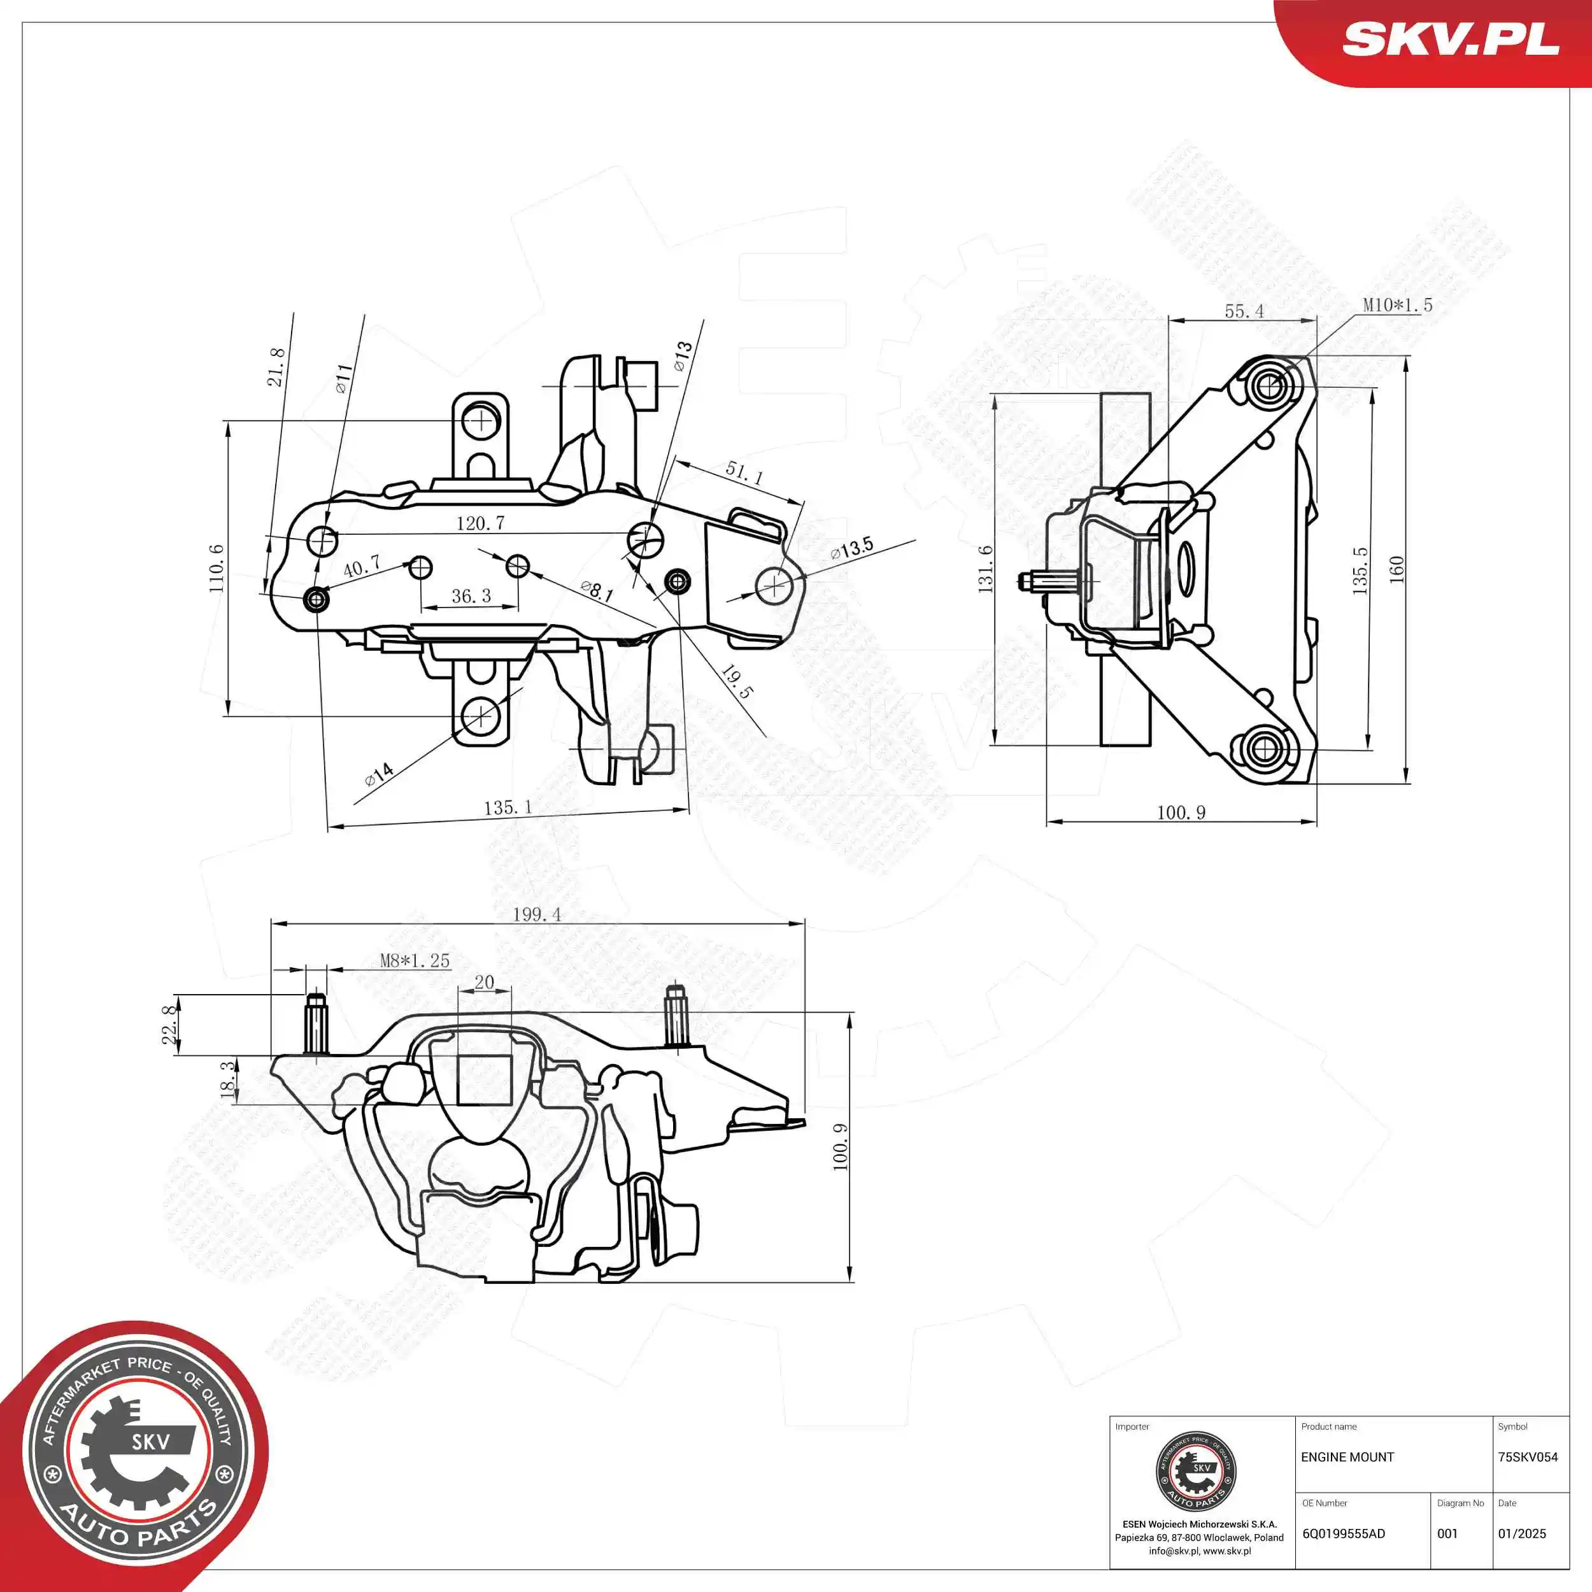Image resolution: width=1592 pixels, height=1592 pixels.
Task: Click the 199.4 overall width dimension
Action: [x=536, y=914]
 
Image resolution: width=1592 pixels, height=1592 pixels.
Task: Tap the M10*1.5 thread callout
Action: [x=1398, y=305]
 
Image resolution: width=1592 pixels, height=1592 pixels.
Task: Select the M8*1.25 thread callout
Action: [x=415, y=961]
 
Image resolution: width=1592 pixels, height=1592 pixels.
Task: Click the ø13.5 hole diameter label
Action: [x=852, y=548]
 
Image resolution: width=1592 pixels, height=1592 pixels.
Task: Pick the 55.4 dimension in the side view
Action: [x=1244, y=311]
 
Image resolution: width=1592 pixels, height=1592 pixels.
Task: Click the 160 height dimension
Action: [x=1397, y=569]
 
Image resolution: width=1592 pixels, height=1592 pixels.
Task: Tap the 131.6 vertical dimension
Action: [x=986, y=569]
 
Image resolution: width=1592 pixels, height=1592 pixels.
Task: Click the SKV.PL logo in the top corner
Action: [x=1450, y=39]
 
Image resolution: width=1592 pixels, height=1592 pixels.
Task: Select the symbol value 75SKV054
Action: [x=1528, y=1458]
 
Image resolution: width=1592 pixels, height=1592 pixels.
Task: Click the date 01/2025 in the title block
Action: [x=1522, y=1534]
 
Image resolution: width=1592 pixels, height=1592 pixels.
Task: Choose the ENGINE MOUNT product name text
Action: [x=1347, y=1458]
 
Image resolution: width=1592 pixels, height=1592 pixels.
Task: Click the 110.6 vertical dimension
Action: [x=217, y=568]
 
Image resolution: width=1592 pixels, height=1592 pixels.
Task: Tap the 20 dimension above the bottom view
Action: [x=485, y=982]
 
